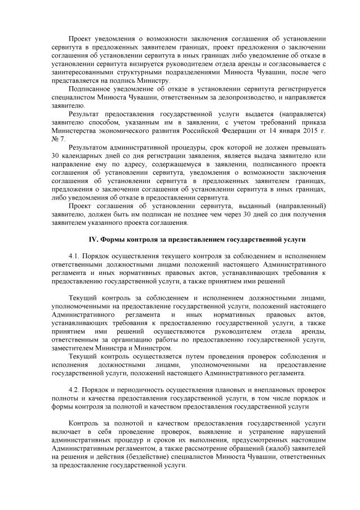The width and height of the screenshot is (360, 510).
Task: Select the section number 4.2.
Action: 74,389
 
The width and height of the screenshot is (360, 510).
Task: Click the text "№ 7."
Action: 58,139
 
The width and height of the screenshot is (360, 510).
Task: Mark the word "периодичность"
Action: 135,389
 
